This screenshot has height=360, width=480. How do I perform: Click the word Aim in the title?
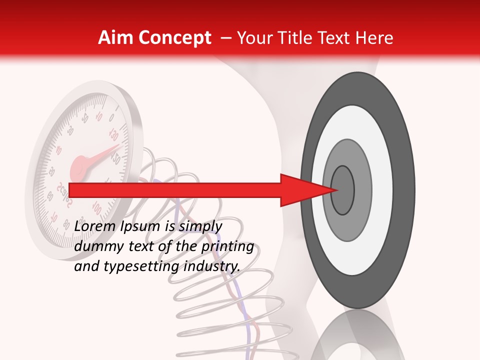click(116, 38)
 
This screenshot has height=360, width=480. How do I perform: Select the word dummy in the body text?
click(96, 246)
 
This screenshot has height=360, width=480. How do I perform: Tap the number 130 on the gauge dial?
click(114, 135)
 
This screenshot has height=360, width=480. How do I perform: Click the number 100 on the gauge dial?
click(97, 206)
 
